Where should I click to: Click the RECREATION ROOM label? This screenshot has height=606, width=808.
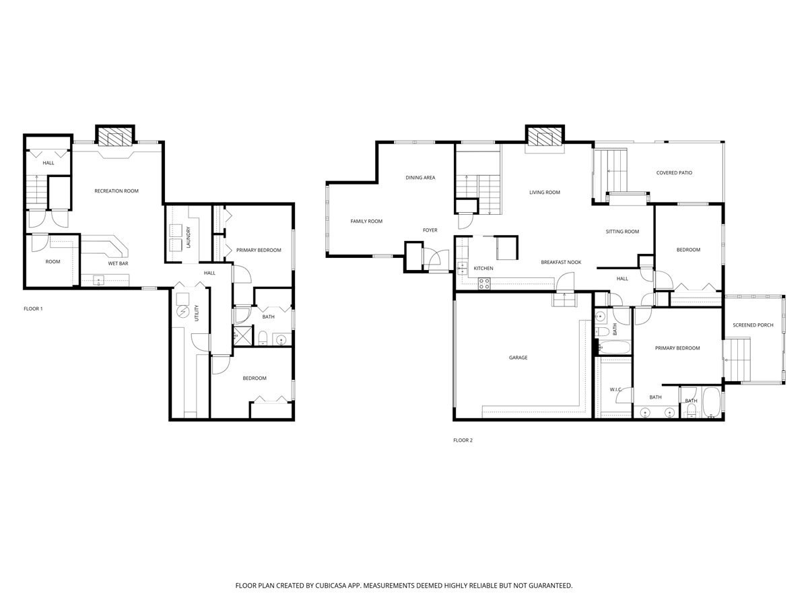116,191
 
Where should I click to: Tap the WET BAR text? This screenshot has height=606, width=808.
119,263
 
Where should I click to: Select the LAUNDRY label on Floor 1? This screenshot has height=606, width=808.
189,238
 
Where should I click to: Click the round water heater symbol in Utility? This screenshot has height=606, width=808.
183,312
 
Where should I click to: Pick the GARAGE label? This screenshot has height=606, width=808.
518,358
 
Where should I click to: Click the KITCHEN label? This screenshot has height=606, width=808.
483,269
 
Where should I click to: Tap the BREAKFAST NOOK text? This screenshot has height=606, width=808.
561,262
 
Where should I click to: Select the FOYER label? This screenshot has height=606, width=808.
430,230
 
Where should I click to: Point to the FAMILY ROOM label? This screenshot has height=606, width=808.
366,222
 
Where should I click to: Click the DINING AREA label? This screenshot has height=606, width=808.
420,178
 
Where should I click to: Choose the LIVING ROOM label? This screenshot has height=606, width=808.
545,193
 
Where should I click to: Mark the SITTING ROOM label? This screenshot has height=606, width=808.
622,232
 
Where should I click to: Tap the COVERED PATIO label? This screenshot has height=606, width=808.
674,173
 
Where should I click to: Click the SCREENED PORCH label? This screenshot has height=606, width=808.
753,325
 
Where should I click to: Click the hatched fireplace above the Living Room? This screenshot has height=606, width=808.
543,137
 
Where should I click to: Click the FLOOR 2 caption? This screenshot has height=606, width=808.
463,440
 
